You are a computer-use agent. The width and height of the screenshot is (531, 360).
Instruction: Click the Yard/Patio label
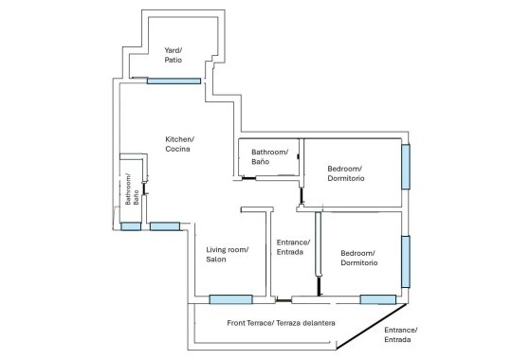(174, 55)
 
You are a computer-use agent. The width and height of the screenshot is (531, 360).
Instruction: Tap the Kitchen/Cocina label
(179, 144)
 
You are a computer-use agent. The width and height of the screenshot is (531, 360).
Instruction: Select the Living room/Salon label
(228, 255)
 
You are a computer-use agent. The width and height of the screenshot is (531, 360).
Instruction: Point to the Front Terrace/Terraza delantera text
(281, 323)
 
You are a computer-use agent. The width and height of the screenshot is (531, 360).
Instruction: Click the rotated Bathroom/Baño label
(132, 189)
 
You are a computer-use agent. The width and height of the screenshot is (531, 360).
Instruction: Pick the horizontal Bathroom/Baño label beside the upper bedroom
(269, 157)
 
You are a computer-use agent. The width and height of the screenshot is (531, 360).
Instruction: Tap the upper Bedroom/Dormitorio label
(346, 173)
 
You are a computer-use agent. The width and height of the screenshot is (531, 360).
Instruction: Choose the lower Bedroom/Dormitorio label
(359, 258)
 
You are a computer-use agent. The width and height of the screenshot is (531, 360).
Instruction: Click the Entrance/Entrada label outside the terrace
(400, 334)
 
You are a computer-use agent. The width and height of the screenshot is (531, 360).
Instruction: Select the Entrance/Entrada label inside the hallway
(293, 247)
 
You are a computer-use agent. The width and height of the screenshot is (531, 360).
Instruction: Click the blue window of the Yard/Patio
(174, 81)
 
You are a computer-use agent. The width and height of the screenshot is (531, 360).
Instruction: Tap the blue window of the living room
(230, 299)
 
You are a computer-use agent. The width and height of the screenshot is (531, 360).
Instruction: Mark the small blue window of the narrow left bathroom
(131, 226)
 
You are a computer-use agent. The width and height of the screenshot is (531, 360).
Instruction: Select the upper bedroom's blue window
(406, 167)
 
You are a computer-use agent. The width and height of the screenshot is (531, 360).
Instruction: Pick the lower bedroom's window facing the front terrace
(378, 299)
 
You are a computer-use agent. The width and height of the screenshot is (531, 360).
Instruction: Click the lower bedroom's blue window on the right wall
(406, 261)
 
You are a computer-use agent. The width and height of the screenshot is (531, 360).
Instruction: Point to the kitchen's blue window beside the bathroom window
(165, 226)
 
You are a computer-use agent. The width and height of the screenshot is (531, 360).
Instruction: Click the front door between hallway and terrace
(284, 300)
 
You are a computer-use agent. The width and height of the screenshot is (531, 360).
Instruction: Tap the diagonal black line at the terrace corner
(371, 326)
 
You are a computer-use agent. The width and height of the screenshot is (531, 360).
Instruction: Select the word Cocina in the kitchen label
(177, 149)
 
